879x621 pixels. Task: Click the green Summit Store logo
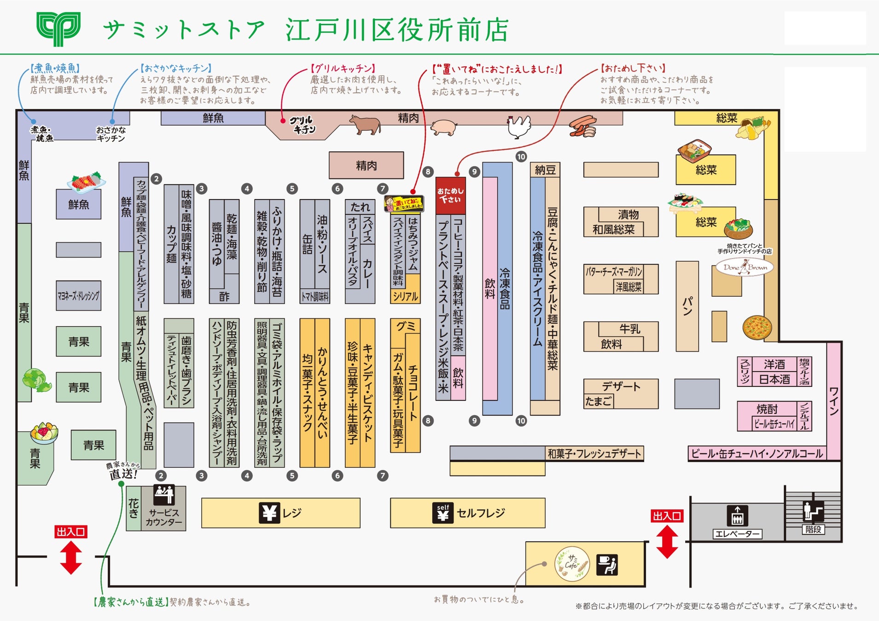coord(58,29)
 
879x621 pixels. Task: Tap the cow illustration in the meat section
coord(365,124)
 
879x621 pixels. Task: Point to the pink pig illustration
coord(443,126)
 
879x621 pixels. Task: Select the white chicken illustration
coord(519,126)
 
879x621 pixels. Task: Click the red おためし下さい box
coord(450,195)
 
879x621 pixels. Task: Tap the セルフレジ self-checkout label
coord(480,512)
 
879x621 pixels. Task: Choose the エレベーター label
coord(737,534)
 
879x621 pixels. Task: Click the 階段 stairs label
coord(813,529)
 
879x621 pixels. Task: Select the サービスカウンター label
coord(164,517)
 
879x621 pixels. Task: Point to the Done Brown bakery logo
coord(745,267)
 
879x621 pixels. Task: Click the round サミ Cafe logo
coord(572,563)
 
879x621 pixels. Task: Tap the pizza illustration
coord(757,327)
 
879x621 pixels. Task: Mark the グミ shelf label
coord(406,326)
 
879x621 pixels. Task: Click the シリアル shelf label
coord(405,296)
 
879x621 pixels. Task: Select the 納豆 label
coord(545,170)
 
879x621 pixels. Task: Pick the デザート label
coord(621,386)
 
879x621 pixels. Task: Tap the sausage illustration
coord(583,126)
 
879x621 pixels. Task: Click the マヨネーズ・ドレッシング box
coord(78,296)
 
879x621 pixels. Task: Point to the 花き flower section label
coord(134,508)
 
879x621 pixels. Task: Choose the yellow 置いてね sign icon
coord(403,203)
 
